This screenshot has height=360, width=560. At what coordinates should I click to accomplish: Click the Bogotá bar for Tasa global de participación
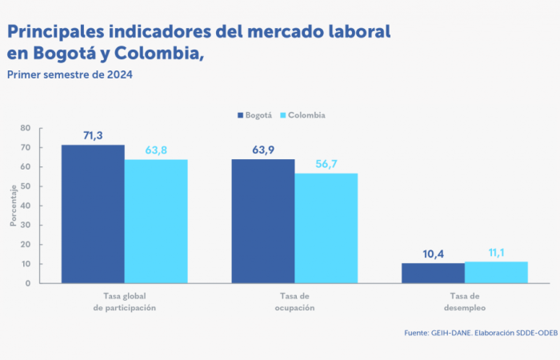93,214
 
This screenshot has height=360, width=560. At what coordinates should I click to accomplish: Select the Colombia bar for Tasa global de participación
156,221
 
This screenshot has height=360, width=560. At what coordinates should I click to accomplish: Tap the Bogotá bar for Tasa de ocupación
263,221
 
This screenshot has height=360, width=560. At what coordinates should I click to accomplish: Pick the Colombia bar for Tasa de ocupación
326,228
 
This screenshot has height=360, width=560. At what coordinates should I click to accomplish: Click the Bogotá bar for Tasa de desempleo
433,273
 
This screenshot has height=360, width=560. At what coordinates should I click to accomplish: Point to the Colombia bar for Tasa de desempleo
497,272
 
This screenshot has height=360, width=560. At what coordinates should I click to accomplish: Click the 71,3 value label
93,136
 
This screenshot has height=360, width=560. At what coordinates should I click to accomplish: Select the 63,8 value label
156,150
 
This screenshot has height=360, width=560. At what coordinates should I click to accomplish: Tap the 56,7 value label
326,164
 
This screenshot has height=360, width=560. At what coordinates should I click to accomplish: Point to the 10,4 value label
433,254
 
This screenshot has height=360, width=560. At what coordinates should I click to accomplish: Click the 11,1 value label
497,253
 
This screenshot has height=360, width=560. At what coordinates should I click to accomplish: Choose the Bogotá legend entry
255,115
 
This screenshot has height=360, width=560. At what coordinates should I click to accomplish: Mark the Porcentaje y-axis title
13,206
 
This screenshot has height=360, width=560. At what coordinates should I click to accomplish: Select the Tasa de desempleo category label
463,302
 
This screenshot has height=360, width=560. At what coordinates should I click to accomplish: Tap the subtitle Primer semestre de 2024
70,74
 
